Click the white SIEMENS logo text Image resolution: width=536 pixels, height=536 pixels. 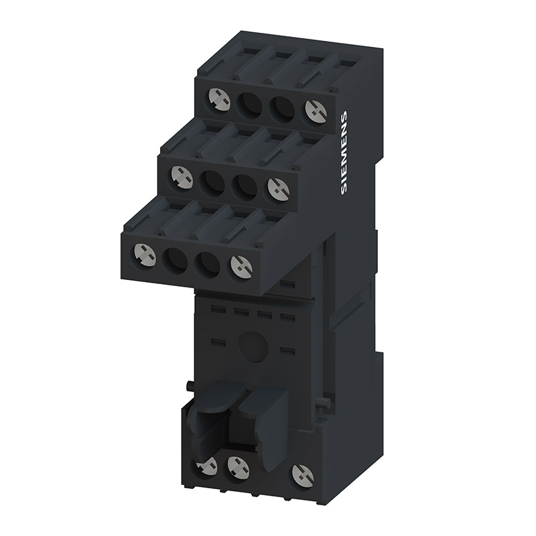coord(344,153)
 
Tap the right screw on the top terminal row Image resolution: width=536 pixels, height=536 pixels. coord(316,111)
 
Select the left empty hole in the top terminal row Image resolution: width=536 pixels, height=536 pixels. coord(249,104)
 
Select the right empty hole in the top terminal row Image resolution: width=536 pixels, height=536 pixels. coord(282,107)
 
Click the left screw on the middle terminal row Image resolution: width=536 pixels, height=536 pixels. coord(182,177)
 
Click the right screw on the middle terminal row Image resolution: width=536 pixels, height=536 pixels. coord(279,188)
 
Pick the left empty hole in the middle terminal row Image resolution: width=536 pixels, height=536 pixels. coord(211,180)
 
